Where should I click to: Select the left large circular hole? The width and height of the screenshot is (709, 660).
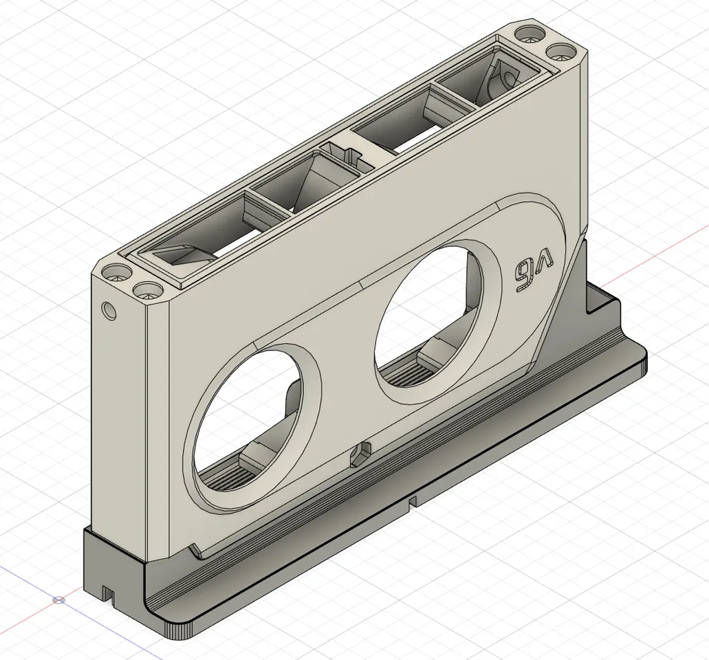(x=248, y=419)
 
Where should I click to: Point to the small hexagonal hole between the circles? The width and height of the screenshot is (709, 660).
(x=360, y=454)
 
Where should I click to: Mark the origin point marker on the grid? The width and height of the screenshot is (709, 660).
(x=60, y=599)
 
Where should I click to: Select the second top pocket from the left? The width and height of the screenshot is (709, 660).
(x=303, y=184)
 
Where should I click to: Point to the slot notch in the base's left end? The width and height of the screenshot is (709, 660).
(x=107, y=591)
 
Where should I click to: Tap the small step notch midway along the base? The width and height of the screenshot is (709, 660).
(x=413, y=502)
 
